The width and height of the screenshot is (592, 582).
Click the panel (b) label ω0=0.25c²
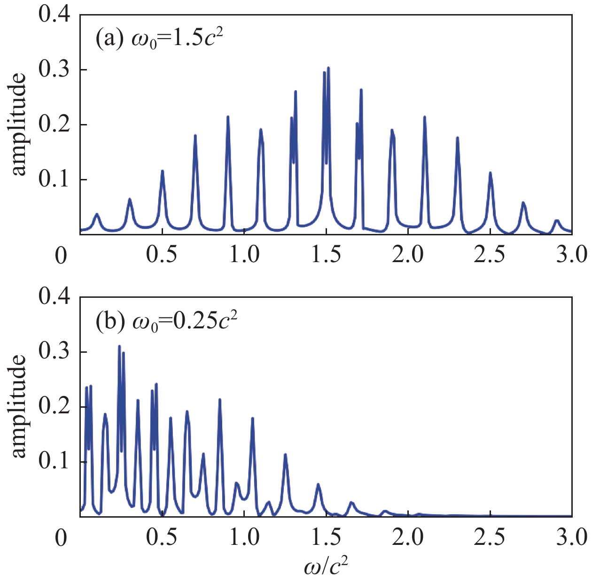pyautogui.click(x=166, y=321)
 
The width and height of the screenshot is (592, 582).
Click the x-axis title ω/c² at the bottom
pyautogui.click(x=326, y=567)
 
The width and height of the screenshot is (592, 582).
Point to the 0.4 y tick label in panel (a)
pyautogui.click(x=55, y=15)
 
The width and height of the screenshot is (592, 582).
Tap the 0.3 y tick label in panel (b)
pyautogui.click(x=55, y=352)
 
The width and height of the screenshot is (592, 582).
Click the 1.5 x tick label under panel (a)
pyautogui.click(x=326, y=255)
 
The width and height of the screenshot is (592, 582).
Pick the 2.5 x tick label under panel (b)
pyautogui.click(x=490, y=537)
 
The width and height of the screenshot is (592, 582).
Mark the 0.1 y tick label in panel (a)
pyautogui.click(x=55, y=179)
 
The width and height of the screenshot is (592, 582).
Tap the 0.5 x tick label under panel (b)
pyautogui.click(x=162, y=537)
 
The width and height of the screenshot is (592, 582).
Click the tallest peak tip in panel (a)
pyautogui.click(x=328, y=68)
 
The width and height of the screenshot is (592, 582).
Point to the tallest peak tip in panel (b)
pyautogui.click(x=119, y=346)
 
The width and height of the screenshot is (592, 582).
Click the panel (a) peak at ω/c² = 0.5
pyautogui.click(x=162, y=171)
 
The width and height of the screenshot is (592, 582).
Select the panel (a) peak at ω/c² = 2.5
pyautogui.click(x=490, y=173)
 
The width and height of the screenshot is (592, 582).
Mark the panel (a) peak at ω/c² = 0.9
pyautogui.click(x=228, y=116)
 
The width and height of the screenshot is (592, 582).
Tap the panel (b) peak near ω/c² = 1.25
pyautogui.click(x=285, y=455)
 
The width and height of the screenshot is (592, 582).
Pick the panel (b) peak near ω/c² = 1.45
pyautogui.click(x=318, y=484)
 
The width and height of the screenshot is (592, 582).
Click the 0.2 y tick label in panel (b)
pyautogui.click(x=55, y=407)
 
